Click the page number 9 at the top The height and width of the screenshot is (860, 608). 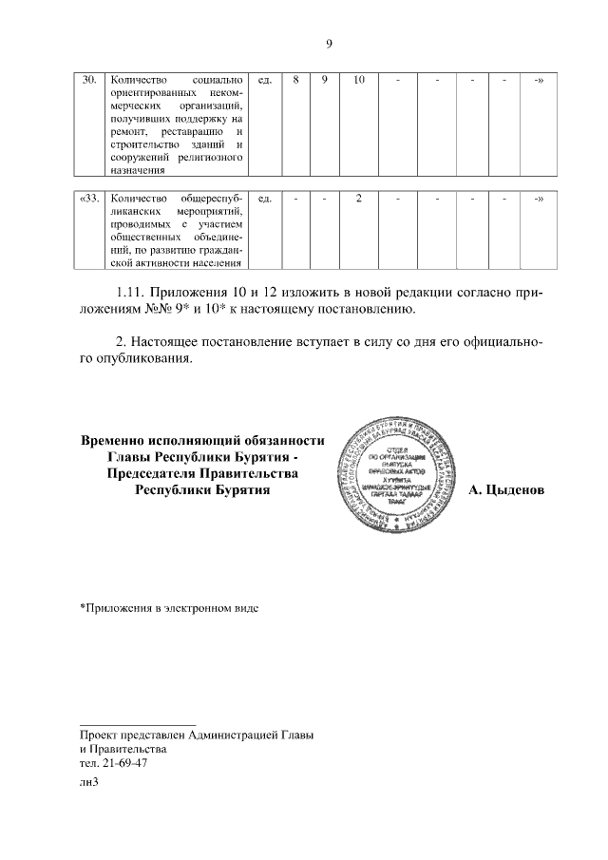click(329, 44)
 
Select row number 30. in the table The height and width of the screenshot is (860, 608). click(90, 80)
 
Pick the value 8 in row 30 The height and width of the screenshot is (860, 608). click(296, 80)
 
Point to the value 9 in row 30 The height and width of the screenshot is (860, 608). click(324, 80)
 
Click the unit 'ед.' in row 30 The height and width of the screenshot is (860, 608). click(265, 80)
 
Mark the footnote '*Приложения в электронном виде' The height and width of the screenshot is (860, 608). click(168, 605)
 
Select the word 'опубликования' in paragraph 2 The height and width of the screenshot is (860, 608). click(137, 359)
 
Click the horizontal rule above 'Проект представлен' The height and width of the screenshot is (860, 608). click(137, 725)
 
